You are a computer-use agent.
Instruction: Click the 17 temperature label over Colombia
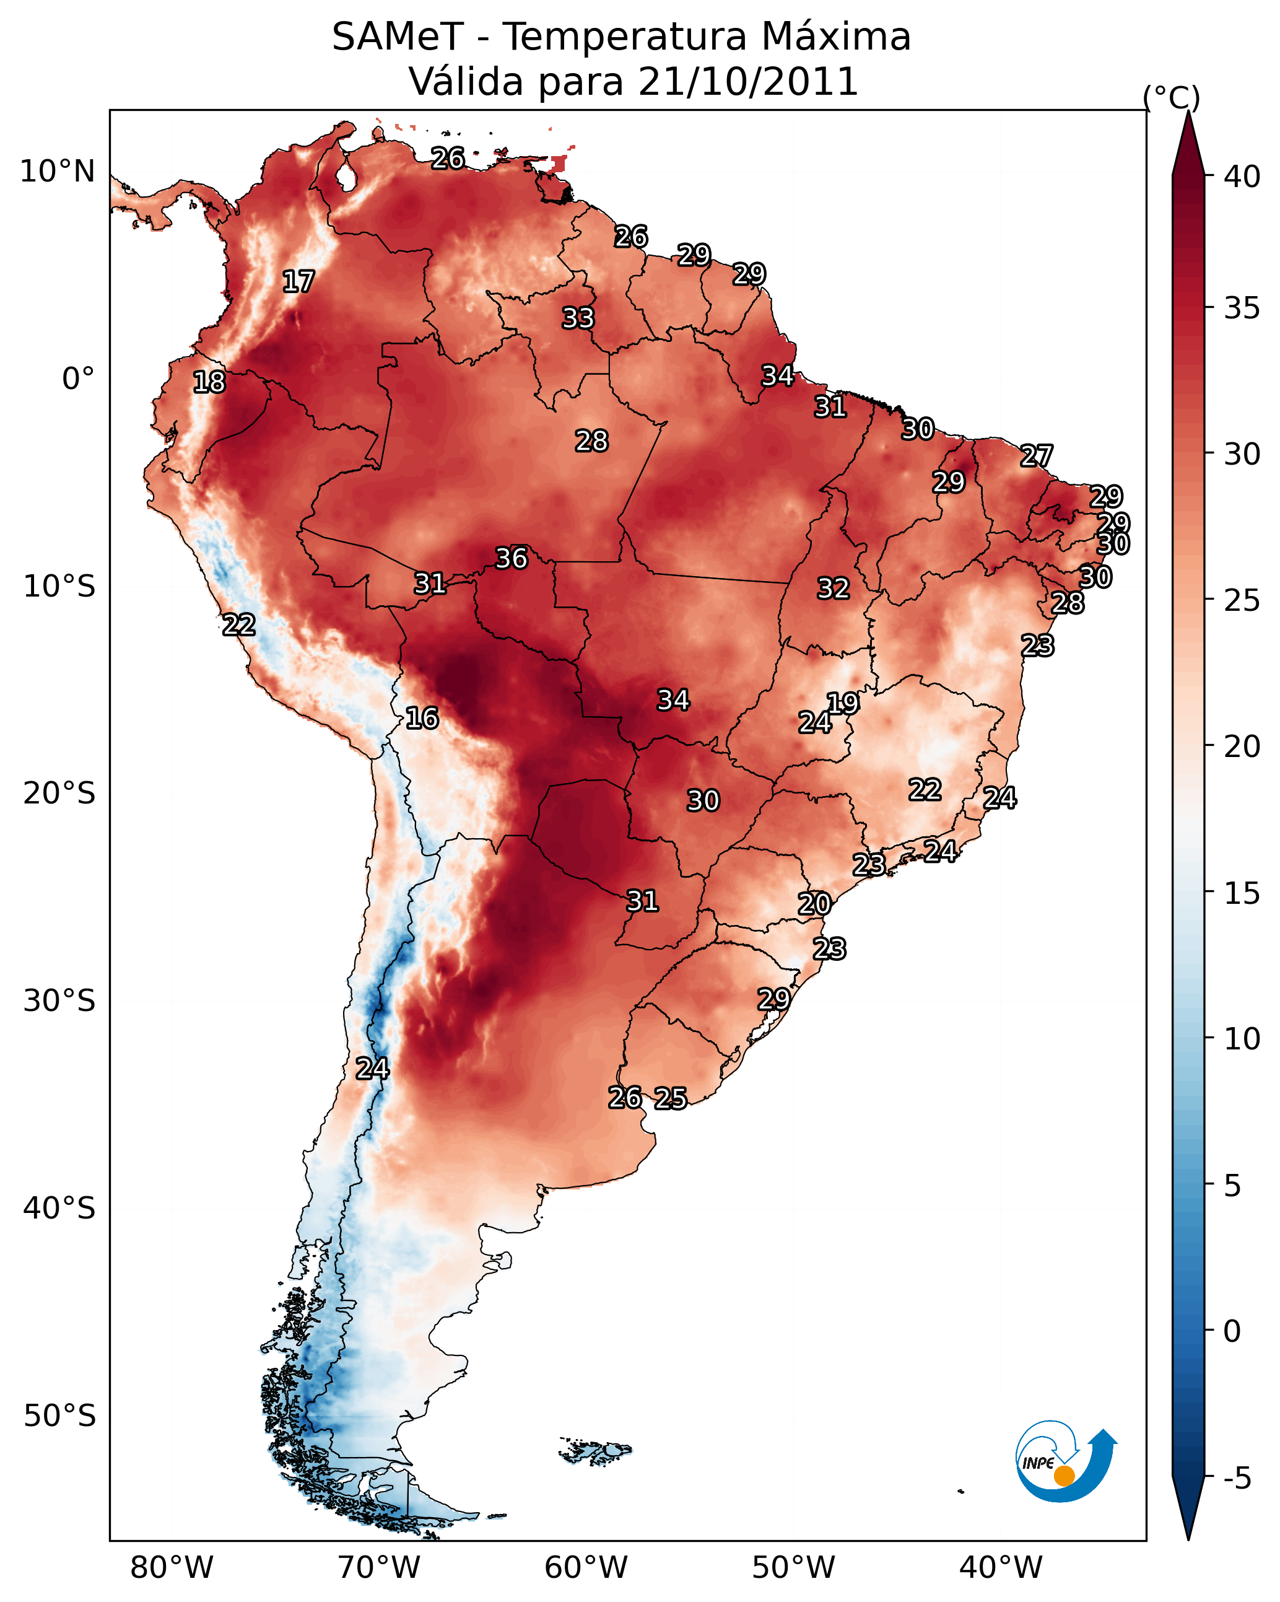click(298, 282)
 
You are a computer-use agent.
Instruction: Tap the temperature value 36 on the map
click(511, 558)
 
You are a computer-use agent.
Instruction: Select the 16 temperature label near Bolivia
click(422, 718)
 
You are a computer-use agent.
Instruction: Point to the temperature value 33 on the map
click(578, 318)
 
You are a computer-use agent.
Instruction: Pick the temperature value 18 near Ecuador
click(209, 382)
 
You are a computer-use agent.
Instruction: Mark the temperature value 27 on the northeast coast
click(1037, 455)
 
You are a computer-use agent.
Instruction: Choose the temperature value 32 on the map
click(833, 589)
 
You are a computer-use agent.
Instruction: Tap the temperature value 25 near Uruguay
click(671, 1098)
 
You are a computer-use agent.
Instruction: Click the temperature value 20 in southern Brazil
click(814, 904)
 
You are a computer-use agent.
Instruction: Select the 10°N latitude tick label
click(57, 172)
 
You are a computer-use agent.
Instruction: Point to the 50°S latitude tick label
click(59, 1416)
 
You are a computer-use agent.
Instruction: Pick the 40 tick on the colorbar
click(1242, 177)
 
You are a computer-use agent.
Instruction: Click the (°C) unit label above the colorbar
click(1171, 97)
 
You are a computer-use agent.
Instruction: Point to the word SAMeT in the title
click(398, 37)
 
